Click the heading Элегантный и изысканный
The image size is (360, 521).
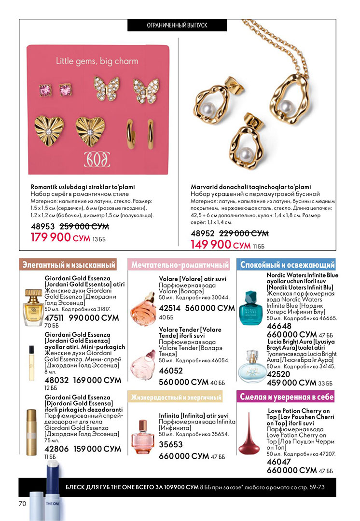tap(68, 265)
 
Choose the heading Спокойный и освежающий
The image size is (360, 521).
tap(288, 265)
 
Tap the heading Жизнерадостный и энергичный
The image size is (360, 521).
tap(176, 398)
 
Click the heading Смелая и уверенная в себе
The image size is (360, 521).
tap(287, 397)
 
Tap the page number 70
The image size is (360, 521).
tap(22, 504)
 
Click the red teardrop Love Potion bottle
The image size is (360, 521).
tap(252, 439)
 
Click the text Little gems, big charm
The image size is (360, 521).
tap(97, 61)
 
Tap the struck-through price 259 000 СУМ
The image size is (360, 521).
tap(84, 226)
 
